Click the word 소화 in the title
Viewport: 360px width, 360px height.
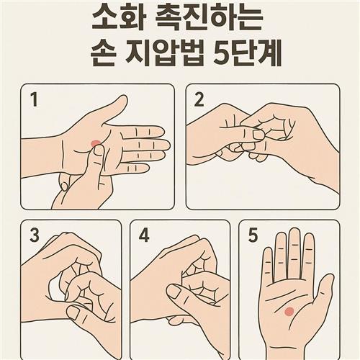click(x=117, y=18)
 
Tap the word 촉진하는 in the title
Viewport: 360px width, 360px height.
click(x=207, y=18)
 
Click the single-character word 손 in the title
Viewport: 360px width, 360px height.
click(x=102, y=53)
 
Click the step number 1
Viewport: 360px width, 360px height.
click(x=35, y=100)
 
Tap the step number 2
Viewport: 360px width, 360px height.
click(x=199, y=100)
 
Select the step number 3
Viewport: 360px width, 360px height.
click(x=35, y=235)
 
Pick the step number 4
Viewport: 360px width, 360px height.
click(x=144, y=235)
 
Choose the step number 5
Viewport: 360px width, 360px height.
click(x=253, y=235)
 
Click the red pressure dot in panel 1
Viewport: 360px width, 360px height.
click(x=96, y=143)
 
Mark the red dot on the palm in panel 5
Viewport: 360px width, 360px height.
click(x=289, y=311)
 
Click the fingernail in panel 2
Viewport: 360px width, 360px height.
click(x=258, y=134)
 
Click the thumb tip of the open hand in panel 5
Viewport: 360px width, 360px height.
click(x=329, y=279)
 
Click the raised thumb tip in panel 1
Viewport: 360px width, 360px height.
click(x=122, y=99)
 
